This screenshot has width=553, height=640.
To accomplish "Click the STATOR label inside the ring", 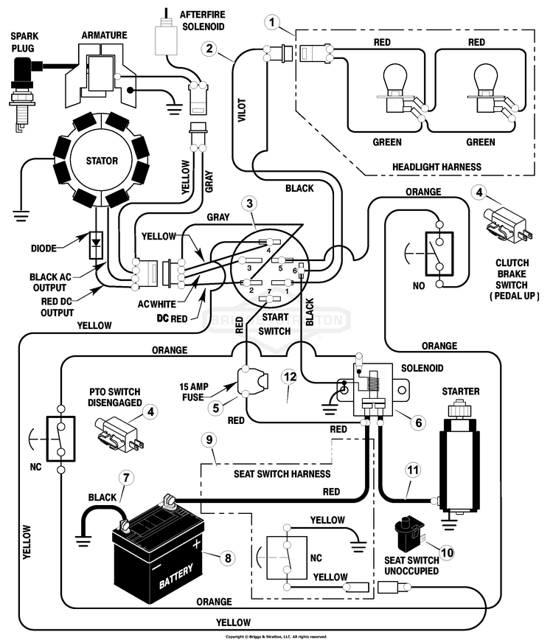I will point(102,161).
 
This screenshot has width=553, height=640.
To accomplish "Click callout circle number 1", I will point(275,24).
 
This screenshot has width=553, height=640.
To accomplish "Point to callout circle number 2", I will point(210,49).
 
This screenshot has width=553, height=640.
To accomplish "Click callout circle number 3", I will point(251,204).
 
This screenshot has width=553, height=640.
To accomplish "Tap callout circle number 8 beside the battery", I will point(227,557).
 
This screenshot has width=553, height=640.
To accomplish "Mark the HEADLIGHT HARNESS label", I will point(437,167).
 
